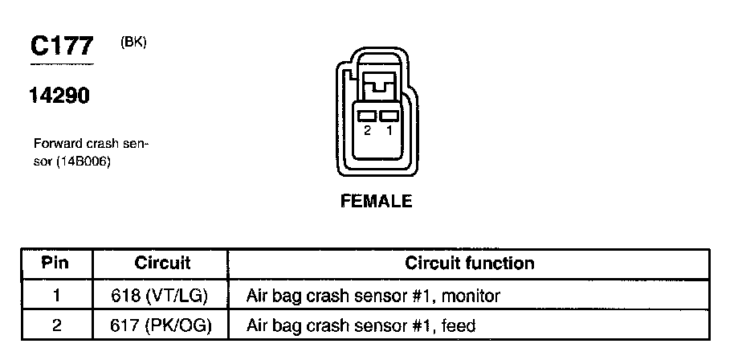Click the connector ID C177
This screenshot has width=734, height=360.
[x=62, y=47]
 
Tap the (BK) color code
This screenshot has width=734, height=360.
[x=133, y=43]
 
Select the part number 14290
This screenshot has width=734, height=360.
[x=59, y=96]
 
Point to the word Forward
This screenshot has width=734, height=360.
[x=56, y=145]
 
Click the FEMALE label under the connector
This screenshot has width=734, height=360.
[x=376, y=201]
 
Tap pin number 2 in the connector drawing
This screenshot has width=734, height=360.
[x=367, y=130]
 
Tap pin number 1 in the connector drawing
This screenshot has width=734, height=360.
[x=389, y=130]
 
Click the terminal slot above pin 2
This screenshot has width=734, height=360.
[x=367, y=117]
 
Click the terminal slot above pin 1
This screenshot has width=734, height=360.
[x=389, y=117]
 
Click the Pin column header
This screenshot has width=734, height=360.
[x=55, y=264]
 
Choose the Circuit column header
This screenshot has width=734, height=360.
[x=162, y=264]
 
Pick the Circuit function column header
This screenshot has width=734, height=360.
[x=470, y=264]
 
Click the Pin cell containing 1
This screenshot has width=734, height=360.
[x=55, y=296]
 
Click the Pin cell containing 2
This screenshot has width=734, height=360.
[x=55, y=325]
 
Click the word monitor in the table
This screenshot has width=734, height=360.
[x=473, y=296]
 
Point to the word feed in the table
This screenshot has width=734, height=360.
[x=460, y=325]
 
